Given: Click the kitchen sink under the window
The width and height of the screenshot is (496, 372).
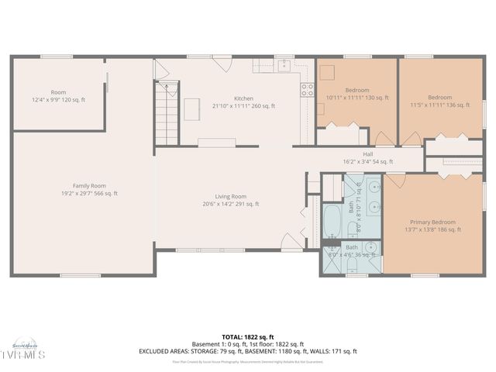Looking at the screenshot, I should tap(284, 66).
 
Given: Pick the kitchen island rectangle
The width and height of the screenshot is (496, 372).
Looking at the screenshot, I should tap(191, 110).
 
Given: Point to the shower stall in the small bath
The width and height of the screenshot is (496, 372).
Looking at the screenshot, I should tap(330, 262).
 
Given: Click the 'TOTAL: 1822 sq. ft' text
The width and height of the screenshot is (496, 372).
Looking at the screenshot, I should tap(248, 337).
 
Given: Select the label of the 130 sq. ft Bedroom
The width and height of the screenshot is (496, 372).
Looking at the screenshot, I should tap(347, 94).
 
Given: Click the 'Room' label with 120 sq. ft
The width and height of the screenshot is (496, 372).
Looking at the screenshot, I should tap(59, 96).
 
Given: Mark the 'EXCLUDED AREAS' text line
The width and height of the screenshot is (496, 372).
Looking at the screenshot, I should tap(248, 351).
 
